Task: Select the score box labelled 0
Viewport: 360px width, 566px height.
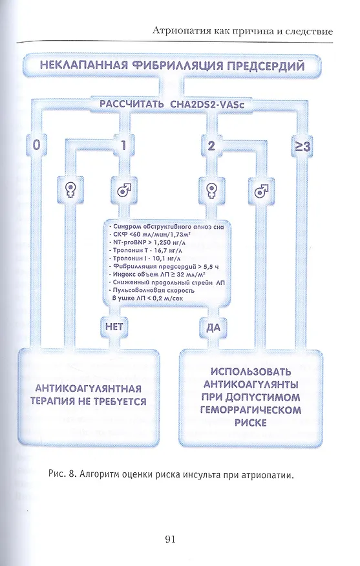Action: (x=36, y=145)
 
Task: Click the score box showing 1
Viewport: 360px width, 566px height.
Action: (x=123, y=145)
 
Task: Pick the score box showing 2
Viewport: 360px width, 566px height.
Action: (x=211, y=145)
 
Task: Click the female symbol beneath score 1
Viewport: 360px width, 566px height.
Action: (x=70, y=189)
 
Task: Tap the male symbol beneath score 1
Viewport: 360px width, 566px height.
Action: (x=124, y=189)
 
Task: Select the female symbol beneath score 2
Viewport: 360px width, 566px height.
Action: (x=211, y=189)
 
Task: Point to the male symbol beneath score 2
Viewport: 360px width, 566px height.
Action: (x=261, y=190)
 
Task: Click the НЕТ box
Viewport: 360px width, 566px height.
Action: (x=114, y=327)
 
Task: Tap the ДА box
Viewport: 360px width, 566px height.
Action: (x=213, y=328)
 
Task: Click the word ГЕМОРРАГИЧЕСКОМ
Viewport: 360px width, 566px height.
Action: (x=251, y=410)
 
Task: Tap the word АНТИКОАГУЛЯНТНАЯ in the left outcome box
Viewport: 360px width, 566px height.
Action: (x=88, y=389)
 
